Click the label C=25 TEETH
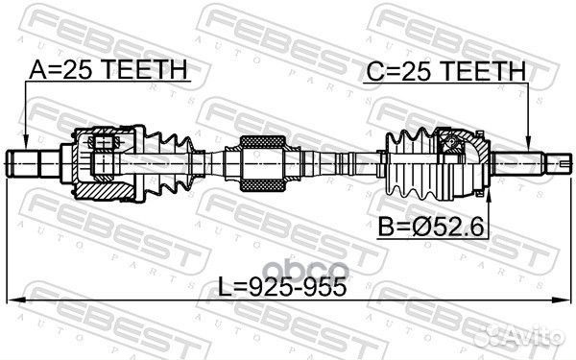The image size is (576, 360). coord(444,70)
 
